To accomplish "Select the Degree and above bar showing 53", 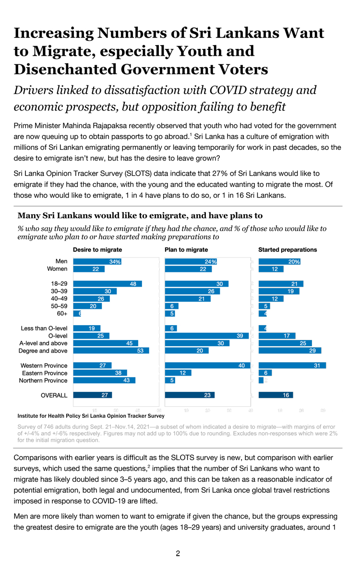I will pos(111,351).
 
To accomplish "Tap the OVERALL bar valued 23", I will pos(189,395).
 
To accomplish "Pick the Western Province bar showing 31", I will pos(292,366).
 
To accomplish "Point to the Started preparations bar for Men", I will pos(280,262).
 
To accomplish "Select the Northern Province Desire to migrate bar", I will pos(104,380).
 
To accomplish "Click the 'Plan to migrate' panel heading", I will pos(186,250).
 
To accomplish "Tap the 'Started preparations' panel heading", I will pos(288,250).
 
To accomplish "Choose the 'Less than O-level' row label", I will pos(44,329).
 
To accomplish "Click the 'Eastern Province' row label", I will pos(45,373).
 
